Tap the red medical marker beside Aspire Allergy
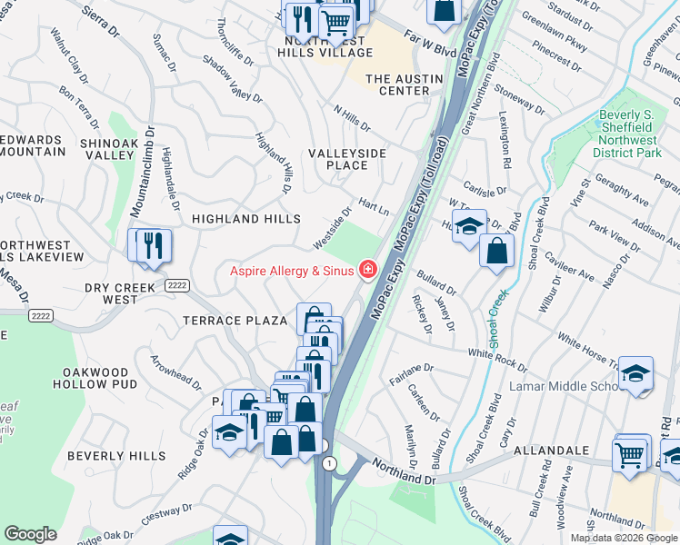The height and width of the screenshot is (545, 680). (x=368, y=269)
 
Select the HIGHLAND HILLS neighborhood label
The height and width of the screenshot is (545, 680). (x=245, y=219)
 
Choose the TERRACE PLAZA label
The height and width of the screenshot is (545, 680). (x=235, y=321)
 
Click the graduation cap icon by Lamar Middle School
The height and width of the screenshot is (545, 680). (x=636, y=372)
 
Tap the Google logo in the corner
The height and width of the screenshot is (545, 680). (x=30, y=534)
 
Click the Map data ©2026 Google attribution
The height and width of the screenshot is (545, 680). (x=624, y=538)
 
